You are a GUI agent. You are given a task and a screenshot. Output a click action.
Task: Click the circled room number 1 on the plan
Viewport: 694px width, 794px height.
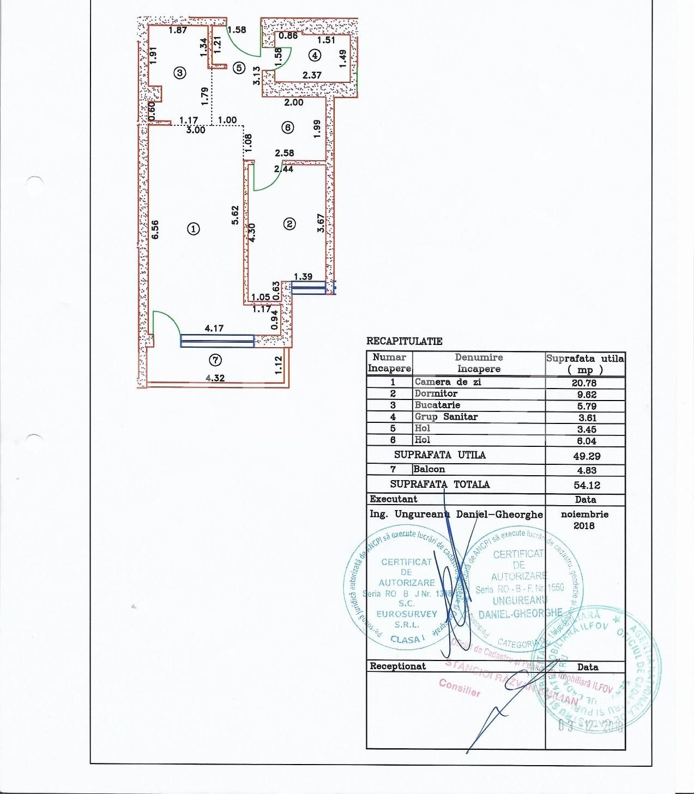point(193,229)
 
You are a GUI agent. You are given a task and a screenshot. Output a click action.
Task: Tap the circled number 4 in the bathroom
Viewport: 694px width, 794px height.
point(315,55)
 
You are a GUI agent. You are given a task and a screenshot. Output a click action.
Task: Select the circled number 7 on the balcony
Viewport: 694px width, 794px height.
point(215,360)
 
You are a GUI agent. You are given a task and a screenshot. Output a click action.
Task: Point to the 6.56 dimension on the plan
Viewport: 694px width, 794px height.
point(155,229)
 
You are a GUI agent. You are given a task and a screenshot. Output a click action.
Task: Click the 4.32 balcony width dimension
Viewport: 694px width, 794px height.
point(215,378)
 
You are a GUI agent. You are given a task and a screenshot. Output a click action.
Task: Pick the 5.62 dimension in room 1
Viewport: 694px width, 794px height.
point(235,215)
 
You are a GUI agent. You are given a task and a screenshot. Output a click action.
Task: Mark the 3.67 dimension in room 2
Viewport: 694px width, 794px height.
point(321,222)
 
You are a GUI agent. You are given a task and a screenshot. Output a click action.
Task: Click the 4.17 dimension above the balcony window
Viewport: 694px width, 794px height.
point(214,328)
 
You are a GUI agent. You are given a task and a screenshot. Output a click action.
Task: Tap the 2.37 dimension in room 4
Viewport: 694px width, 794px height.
point(312,75)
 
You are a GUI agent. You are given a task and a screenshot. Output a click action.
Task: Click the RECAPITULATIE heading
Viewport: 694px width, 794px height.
point(404,341)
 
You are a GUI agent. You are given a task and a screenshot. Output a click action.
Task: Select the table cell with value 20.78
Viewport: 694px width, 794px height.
point(584,383)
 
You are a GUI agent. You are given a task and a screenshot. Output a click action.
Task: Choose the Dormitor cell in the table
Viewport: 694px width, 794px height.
point(436,393)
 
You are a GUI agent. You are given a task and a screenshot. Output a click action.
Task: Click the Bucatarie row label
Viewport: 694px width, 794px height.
point(437,405)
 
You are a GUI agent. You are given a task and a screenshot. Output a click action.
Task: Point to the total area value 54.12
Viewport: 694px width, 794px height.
point(584,484)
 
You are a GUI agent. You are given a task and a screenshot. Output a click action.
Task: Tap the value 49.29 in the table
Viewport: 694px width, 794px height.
point(584,456)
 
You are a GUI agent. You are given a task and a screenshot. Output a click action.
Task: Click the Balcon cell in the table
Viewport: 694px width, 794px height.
point(430,469)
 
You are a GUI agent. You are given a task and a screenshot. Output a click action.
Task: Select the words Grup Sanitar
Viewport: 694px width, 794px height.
point(446,417)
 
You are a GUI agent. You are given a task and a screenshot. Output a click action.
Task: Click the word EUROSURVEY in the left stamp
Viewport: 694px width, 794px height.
point(407,614)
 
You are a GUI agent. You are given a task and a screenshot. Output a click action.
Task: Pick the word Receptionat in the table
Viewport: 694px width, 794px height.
point(397,666)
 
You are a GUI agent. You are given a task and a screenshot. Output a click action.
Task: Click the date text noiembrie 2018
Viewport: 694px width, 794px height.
point(584,519)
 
